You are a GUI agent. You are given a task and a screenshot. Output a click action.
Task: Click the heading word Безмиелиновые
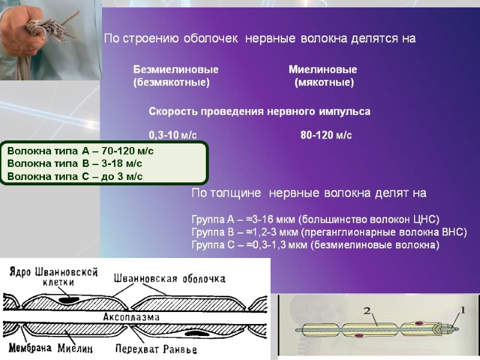coord(175,70)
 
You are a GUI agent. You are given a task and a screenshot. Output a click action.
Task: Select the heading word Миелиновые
coord(323,70)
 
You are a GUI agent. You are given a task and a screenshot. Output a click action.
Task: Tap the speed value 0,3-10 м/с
coord(173,136)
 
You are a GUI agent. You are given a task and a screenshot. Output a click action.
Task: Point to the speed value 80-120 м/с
coord(326,136)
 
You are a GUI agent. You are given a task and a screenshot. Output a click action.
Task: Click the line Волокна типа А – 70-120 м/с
coord(80,150)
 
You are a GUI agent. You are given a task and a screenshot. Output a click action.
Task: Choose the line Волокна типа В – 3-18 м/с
coord(74,163)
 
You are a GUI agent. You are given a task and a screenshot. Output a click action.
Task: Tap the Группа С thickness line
coord(315,245)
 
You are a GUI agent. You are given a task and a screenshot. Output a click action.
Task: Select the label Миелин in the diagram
coord(74,349)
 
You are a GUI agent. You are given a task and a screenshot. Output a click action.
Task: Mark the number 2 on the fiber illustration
coord(368,310)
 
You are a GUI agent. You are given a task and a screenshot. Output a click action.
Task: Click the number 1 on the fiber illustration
coord(461,310)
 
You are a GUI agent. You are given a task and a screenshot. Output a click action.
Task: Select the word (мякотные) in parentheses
coord(324,83)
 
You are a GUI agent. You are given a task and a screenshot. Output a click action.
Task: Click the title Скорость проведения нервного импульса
coord(259,112)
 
